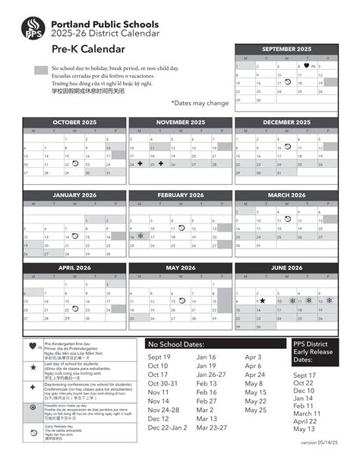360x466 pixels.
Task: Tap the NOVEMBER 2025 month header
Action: pyautogui.click(x=181, y=122)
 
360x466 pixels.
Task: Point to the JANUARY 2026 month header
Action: pyautogui.click(x=74, y=195)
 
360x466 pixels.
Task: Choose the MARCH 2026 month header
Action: pyautogui.click(x=286, y=195)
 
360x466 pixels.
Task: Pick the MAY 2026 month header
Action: pyautogui.click(x=181, y=268)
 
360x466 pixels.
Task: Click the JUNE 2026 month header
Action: pyautogui.click(x=286, y=268)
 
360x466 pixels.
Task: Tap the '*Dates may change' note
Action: pyautogui.click(x=199, y=103)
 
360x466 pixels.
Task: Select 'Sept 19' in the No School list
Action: pyautogui.click(x=159, y=357)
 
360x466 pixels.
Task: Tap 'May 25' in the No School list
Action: pyautogui.click(x=256, y=410)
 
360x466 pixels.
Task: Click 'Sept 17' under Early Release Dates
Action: pyautogui.click(x=304, y=376)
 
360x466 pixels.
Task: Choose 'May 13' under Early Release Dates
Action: pyautogui.click(x=304, y=430)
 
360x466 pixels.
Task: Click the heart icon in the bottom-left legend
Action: pyautogui.click(x=33, y=347)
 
